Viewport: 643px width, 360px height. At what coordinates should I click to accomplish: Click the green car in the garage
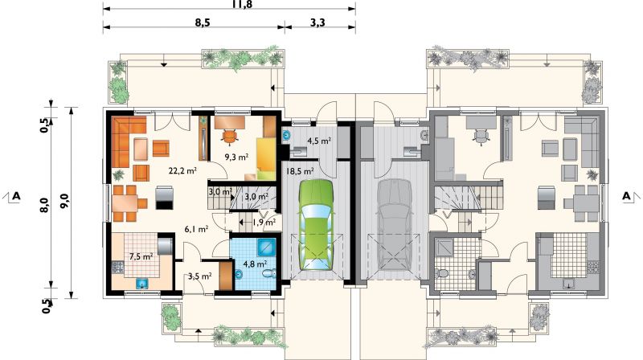point(316,225)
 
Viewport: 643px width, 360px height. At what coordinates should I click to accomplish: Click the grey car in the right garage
point(395,225)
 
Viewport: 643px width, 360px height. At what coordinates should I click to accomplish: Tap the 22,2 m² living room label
point(182,170)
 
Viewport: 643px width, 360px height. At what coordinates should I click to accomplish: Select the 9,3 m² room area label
point(236,157)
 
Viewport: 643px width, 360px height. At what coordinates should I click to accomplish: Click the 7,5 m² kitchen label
point(141,256)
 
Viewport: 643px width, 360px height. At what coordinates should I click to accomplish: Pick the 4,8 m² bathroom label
point(255,264)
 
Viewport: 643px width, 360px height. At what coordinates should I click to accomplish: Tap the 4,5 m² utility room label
point(319,141)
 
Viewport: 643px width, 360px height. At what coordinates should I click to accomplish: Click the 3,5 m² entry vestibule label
point(199,276)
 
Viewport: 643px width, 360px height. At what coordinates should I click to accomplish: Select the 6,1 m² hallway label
point(196,229)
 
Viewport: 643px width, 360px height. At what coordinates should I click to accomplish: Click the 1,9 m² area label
point(264,223)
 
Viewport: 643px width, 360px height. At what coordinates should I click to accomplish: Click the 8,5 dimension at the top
point(203,22)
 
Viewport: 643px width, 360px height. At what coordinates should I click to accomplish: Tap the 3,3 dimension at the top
point(317,22)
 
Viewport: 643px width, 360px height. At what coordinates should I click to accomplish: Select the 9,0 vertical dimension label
point(64,202)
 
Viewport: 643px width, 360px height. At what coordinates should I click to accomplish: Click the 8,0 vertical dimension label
point(44,205)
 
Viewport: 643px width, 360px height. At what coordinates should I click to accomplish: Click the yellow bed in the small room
point(266,159)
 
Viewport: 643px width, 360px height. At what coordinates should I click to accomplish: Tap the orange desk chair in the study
point(230,137)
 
